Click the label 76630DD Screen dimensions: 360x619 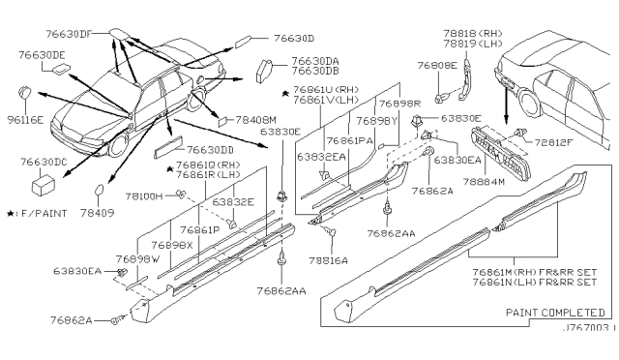pos(212,150)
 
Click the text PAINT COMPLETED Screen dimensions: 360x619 pos(554,315)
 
